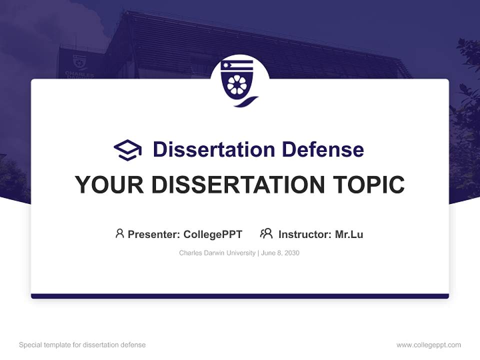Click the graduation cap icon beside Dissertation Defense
(127, 149)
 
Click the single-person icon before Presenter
(119, 233)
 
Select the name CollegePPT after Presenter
(213, 234)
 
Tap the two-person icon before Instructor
(266, 233)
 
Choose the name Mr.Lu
(349, 234)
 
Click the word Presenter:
(154, 234)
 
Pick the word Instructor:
(304, 234)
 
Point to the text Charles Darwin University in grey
(217, 253)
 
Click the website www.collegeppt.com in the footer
(428, 345)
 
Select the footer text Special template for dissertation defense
(82, 345)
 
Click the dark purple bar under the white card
(239, 296)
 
